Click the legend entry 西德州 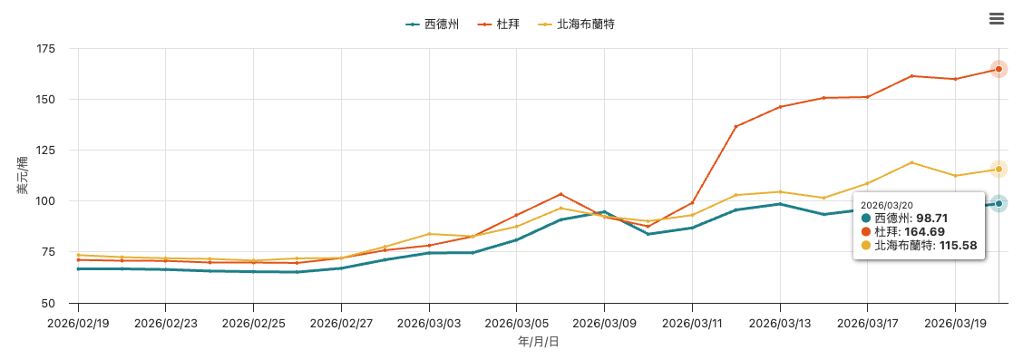[x=433, y=24]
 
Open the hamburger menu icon [x=997, y=19]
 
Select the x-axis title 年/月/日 [x=538, y=342]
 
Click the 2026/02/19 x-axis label [x=78, y=322]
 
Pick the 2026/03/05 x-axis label [x=516, y=322]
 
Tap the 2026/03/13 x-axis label [x=779, y=322]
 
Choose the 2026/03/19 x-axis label [x=954, y=322]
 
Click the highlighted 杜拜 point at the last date [x=999, y=69]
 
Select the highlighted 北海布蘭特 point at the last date [x=999, y=170]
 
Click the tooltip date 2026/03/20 [x=885, y=205]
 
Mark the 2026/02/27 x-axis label [x=341, y=322]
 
